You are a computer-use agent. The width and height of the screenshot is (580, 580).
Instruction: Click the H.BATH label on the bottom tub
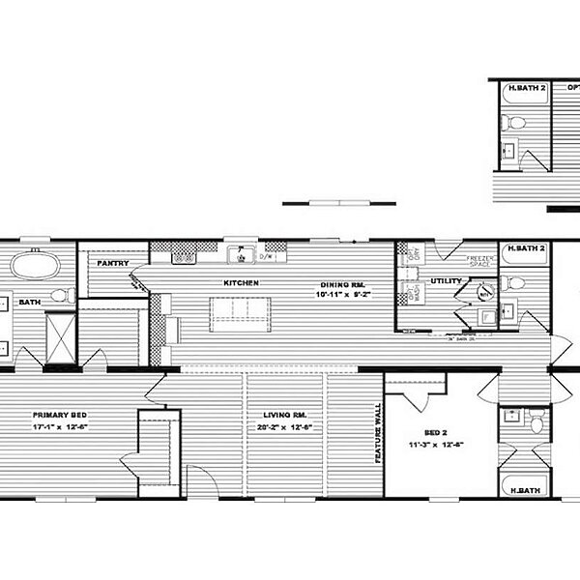(x=523, y=491)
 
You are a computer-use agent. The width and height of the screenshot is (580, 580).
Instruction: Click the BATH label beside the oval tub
(x=29, y=302)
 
